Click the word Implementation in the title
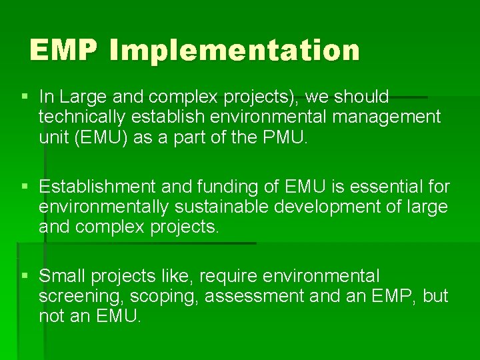(x=235, y=51)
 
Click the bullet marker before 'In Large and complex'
(x=25, y=97)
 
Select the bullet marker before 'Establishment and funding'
(x=25, y=187)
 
